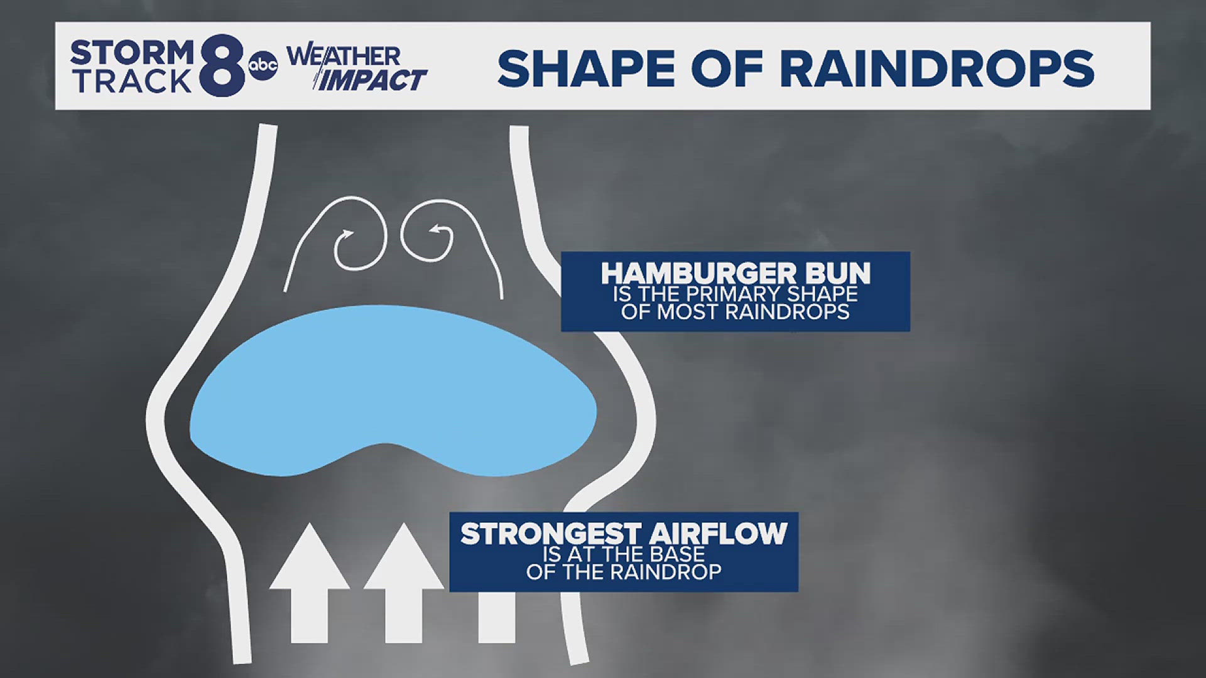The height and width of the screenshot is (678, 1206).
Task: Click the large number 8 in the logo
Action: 222,66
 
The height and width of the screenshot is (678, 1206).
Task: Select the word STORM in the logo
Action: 132,53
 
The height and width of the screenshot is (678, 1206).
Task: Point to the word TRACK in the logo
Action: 132,82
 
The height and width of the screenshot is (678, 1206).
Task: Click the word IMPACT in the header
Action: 372,81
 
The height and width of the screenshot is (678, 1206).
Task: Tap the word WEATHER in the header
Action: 344,56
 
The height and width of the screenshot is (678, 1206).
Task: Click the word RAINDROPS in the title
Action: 937,68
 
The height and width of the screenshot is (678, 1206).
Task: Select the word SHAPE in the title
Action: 584,68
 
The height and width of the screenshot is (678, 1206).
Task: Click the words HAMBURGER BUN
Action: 736,274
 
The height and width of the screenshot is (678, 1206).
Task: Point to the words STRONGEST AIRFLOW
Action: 623,534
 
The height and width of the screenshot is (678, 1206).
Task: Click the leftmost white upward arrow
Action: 309,584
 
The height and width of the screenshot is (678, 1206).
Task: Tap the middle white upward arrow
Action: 403,584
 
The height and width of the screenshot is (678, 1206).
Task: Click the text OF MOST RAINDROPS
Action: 735,312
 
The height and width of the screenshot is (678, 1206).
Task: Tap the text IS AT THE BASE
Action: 623,554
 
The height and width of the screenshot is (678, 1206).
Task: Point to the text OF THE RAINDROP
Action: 623,572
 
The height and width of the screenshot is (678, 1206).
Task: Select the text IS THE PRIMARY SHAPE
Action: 735,294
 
